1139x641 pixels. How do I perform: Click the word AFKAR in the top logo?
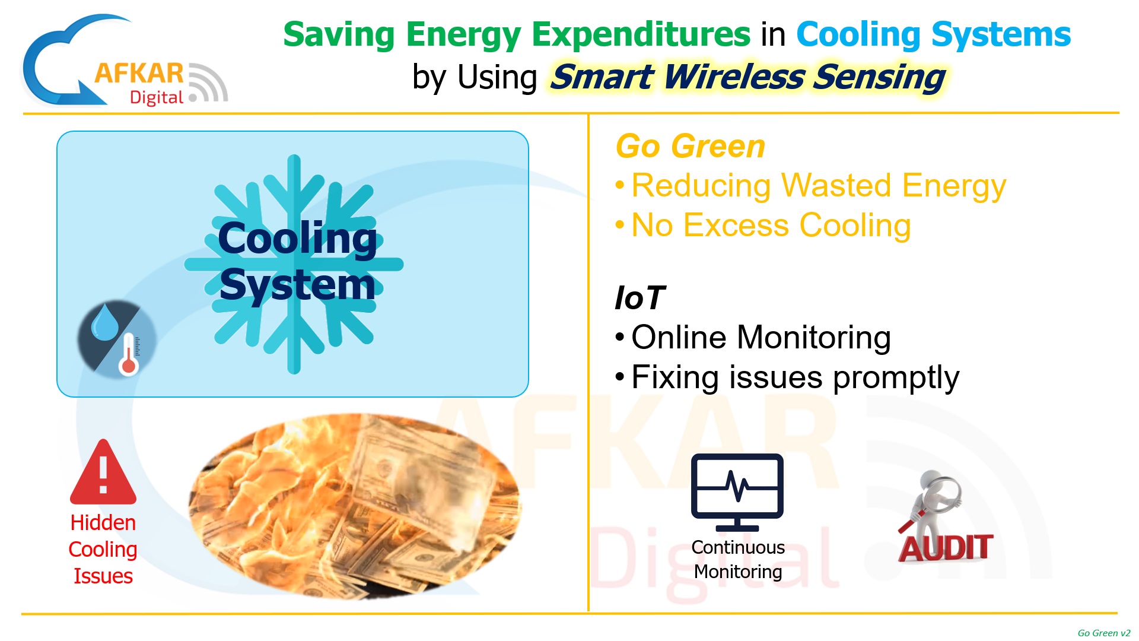point(139,74)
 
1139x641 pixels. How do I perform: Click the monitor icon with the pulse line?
point(737,492)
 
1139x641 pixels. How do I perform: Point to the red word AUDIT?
point(945,547)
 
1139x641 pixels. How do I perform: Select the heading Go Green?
point(691,146)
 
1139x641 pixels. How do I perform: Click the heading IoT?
point(640,297)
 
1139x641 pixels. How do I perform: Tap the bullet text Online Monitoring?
point(761,337)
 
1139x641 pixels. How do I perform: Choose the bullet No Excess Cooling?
point(771,226)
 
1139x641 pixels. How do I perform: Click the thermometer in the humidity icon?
point(129,354)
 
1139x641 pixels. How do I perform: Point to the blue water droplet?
point(106,322)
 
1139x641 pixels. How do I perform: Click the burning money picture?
point(355,506)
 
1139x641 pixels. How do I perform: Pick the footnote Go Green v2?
point(1104,633)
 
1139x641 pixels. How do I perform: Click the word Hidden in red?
point(103,522)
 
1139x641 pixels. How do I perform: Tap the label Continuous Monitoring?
point(738,559)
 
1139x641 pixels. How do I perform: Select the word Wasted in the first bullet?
point(836,185)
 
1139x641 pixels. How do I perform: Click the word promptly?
point(896,378)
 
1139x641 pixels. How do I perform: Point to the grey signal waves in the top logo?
point(208,82)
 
